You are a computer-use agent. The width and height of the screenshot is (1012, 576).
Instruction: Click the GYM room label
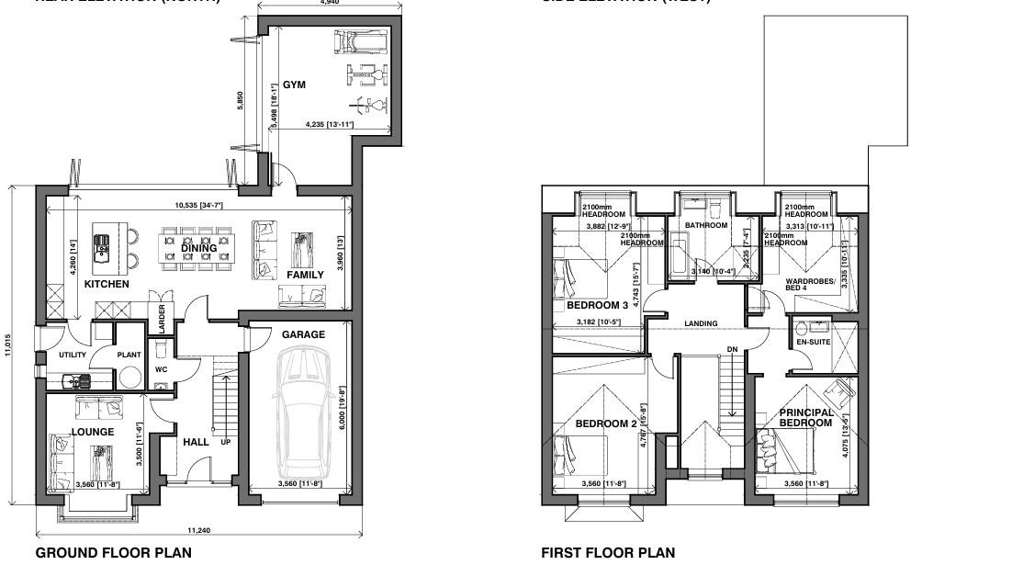(x=294, y=85)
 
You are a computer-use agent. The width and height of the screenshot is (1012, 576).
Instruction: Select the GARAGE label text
(x=303, y=334)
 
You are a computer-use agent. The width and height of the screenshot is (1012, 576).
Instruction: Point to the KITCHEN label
(x=107, y=284)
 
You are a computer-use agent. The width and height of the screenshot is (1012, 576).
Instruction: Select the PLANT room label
(x=129, y=355)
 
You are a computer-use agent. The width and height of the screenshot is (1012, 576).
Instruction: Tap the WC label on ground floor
(x=161, y=369)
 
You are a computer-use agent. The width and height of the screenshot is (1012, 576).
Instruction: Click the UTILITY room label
(x=73, y=355)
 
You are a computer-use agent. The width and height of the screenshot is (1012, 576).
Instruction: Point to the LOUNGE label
(x=93, y=432)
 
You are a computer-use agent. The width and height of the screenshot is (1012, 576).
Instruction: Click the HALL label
(x=196, y=442)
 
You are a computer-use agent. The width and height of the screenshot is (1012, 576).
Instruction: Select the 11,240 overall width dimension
(x=198, y=530)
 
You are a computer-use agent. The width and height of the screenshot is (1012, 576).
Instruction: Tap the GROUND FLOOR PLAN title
(x=113, y=553)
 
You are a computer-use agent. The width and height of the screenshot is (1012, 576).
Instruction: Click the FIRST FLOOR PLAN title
(x=607, y=553)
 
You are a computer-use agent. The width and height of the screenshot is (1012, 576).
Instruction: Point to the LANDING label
(x=701, y=323)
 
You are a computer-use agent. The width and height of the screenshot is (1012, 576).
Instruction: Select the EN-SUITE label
(x=812, y=342)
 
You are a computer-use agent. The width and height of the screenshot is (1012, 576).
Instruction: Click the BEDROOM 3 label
(x=597, y=305)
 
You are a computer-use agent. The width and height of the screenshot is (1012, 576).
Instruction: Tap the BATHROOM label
(x=705, y=225)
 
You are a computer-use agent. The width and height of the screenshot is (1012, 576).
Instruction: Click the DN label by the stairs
(x=732, y=349)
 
